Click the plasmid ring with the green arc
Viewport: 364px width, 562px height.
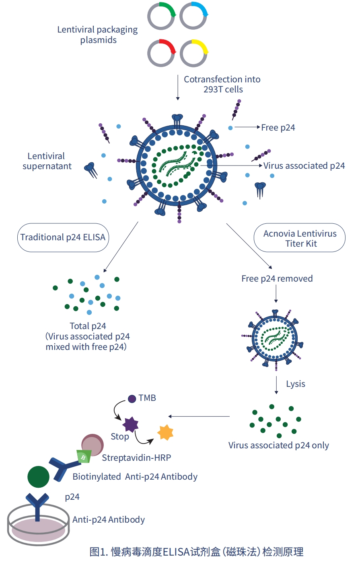click(x=161, y=16)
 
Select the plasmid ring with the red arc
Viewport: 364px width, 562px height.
click(x=161, y=53)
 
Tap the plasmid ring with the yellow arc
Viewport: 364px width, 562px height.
click(x=194, y=53)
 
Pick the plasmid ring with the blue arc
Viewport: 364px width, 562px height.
click(x=193, y=16)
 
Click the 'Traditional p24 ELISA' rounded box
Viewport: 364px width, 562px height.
click(x=63, y=237)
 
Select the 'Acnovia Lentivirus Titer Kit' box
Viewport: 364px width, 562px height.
click(x=300, y=238)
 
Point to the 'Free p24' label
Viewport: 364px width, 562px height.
click(x=278, y=128)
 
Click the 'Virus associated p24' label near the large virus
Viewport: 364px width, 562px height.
click(x=304, y=166)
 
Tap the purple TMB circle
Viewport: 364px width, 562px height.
click(x=132, y=399)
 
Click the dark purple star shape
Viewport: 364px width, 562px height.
click(x=130, y=424)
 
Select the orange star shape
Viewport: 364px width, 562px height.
click(x=165, y=433)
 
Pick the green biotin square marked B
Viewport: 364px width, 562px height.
click(x=84, y=457)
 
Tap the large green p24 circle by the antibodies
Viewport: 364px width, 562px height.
click(x=38, y=477)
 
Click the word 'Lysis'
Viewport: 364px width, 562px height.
click(x=296, y=384)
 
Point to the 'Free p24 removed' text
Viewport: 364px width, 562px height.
click(x=277, y=279)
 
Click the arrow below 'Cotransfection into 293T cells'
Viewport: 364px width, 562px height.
click(x=178, y=87)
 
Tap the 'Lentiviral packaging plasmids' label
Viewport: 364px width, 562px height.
click(x=98, y=35)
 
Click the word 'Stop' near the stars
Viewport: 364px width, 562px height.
click(x=120, y=437)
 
